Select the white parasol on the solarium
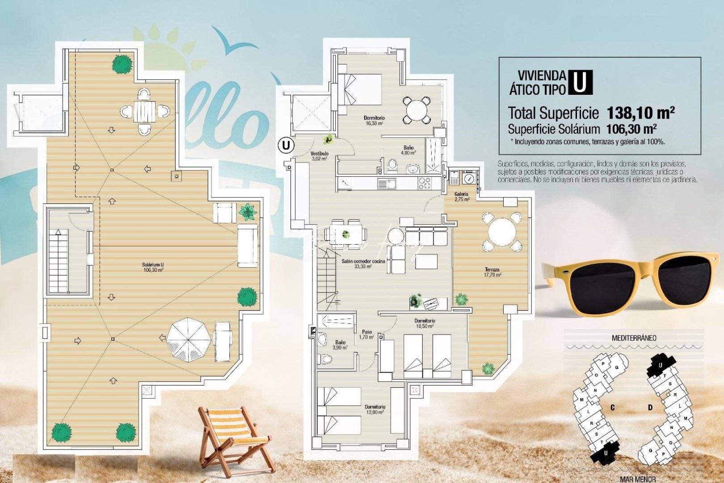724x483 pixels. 189,339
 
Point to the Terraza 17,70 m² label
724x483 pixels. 492,272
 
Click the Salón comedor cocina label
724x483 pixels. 363,264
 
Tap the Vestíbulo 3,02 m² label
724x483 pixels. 319,156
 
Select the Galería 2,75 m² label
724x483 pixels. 461,196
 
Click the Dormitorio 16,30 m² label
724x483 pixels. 374,120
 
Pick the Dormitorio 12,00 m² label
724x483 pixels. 375,409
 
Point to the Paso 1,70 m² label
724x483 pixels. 366,335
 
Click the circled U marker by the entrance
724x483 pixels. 286,145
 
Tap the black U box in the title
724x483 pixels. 580,83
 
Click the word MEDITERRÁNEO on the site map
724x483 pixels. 634,338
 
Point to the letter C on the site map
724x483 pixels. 612,407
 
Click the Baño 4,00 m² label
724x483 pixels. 408,150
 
